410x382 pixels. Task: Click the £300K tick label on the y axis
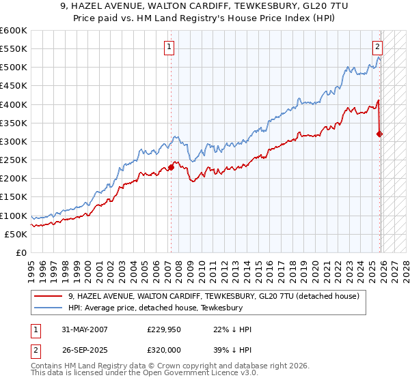coord(14,141)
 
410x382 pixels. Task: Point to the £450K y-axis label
coord(14,86)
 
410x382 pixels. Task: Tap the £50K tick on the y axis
coord(16,234)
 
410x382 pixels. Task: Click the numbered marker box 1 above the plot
coord(169,47)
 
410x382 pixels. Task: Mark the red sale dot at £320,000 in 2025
coord(380,134)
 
